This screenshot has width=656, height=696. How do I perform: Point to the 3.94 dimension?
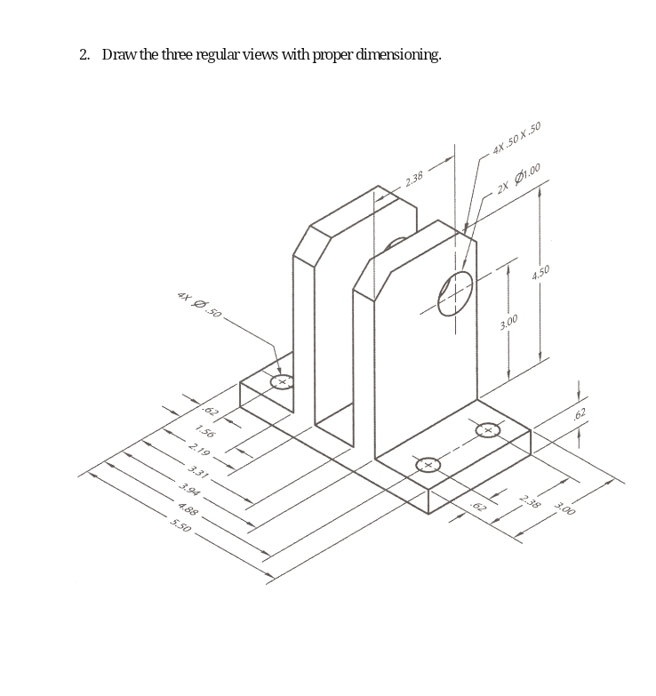point(188,488)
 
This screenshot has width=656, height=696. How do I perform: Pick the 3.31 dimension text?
point(197,472)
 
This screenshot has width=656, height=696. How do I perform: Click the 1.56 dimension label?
point(204,433)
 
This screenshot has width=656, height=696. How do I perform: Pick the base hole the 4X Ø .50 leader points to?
point(282,382)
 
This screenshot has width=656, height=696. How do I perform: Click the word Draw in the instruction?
point(118,55)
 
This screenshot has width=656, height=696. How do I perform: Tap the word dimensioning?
point(397,55)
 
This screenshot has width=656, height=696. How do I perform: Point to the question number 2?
point(84,55)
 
